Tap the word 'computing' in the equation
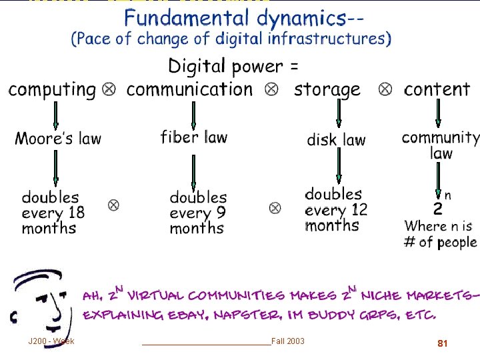click(x=53, y=89)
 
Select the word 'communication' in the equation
click(x=190, y=89)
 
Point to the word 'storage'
click(x=327, y=89)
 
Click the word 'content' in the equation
click(x=437, y=89)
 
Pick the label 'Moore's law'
click(x=58, y=139)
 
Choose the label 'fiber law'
click(x=194, y=137)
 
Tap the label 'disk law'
click(x=336, y=140)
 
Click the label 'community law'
click(x=440, y=145)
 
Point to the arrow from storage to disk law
click(x=339, y=114)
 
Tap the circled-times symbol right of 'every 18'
click(x=113, y=205)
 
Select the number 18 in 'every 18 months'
click(x=76, y=213)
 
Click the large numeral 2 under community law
click(x=437, y=209)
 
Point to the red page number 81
click(x=442, y=343)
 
